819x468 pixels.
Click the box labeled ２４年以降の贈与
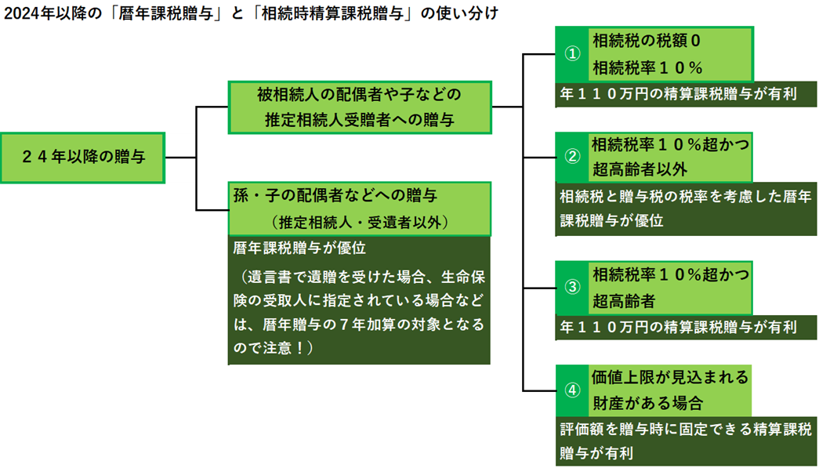pos(83,157)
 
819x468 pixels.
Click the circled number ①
pos(573,54)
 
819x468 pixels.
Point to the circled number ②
pos(573,155)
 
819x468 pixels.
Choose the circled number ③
pos(573,286)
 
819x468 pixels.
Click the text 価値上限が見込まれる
pos(670,377)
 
